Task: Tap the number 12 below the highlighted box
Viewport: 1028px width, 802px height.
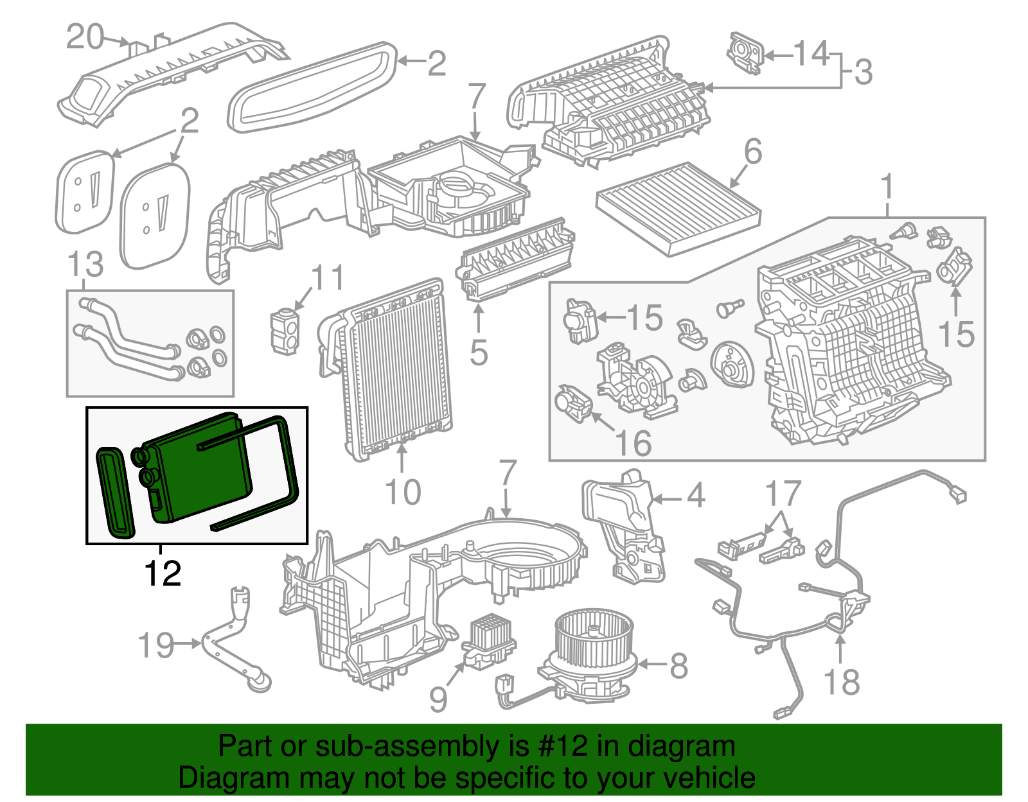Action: point(163,573)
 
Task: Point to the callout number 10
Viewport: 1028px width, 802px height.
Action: point(403,493)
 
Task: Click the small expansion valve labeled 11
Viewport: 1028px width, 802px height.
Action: point(284,331)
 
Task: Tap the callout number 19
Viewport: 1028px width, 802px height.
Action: point(156,645)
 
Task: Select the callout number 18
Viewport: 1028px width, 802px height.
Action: point(841,682)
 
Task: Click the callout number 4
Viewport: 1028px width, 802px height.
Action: point(696,495)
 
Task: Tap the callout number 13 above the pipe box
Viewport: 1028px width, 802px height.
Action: point(85,264)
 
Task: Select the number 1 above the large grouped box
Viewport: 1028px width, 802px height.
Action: point(887,187)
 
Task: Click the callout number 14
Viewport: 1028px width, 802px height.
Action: point(812,53)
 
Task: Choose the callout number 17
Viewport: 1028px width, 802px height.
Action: point(783,494)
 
